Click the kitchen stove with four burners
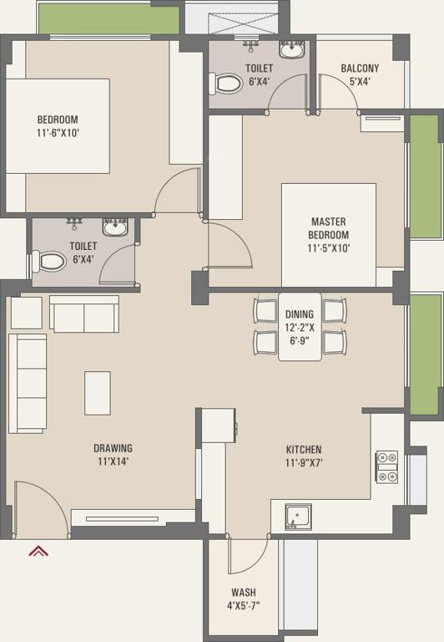click(x=386, y=466)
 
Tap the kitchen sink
click(x=298, y=517)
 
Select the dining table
click(x=300, y=327)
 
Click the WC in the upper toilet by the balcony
click(x=225, y=84)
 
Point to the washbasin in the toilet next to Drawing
click(x=115, y=227)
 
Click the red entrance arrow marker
click(x=38, y=551)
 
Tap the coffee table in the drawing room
click(x=98, y=393)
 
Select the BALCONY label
click(x=360, y=68)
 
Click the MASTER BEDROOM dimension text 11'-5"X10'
click(x=329, y=248)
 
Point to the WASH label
click(x=244, y=592)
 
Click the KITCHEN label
click(x=304, y=450)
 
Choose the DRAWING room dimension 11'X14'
click(x=114, y=461)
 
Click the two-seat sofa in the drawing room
click(x=84, y=313)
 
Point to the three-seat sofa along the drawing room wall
click(x=28, y=383)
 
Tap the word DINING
click(x=300, y=314)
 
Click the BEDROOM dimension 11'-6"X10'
click(x=58, y=133)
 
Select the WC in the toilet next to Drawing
click(x=48, y=261)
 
